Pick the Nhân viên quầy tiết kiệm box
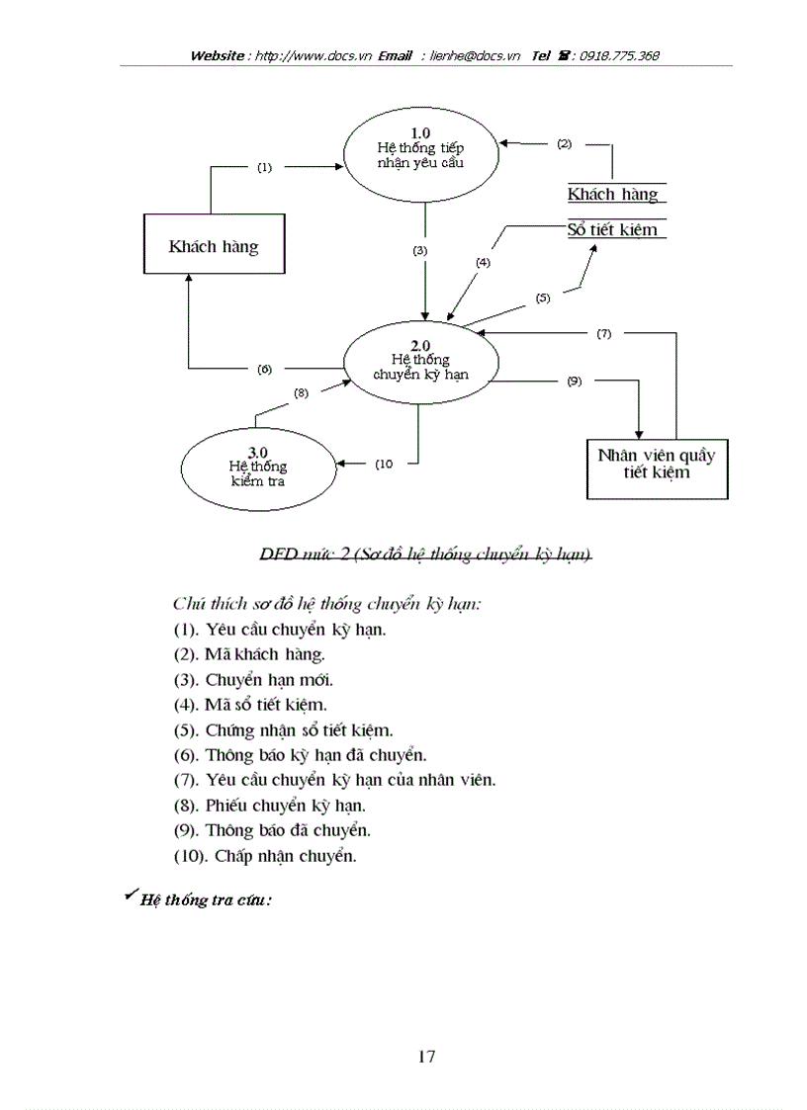point(657,468)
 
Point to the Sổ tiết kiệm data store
point(613,229)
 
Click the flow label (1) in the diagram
point(264,168)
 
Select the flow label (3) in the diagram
point(420,251)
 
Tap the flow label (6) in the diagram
point(264,369)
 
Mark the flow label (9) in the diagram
point(575,381)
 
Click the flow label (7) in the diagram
point(603,334)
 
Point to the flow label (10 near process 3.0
point(385,463)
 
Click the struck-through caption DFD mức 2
point(425,555)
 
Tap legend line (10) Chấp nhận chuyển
point(265,856)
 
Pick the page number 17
point(426,1057)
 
